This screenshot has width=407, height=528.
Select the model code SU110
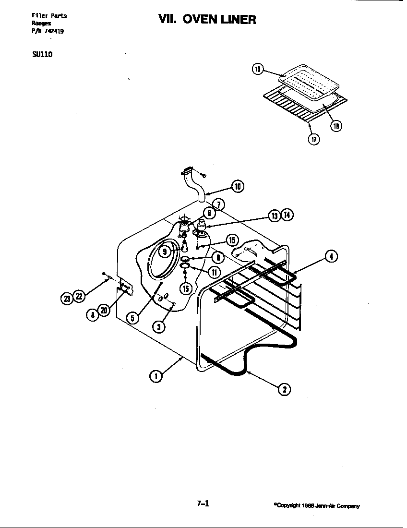[x=42, y=54]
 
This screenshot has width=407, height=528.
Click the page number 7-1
[x=203, y=504]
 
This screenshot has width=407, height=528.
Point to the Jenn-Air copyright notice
[x=316, y=506]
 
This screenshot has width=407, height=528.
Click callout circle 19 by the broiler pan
[x=257, y=70]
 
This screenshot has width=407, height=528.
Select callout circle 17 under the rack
[x=313, y=140]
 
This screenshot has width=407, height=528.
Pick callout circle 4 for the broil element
[x=331, y=257]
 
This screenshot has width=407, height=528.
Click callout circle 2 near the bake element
[x=284, y=389]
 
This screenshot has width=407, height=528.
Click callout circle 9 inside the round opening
[x=165, y=252]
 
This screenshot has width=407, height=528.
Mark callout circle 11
[x=214, y=272]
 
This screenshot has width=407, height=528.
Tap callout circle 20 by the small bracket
[x=104, y=312]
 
